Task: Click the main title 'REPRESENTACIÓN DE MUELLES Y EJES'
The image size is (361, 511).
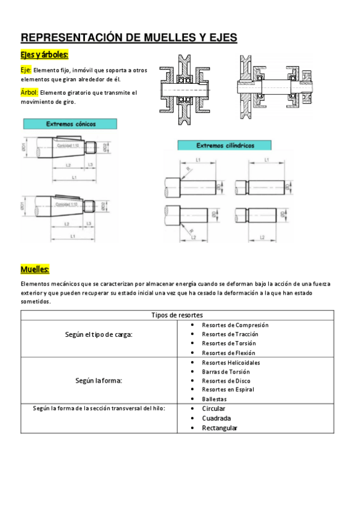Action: (x=128, y=38)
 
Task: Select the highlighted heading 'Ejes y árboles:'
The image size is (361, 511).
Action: (x=45, y=55)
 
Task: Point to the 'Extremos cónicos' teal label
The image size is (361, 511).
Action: (x=71, y=124)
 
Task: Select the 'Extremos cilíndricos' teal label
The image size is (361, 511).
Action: (x=225, y=145)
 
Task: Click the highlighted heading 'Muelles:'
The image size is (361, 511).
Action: (x=35, y=269)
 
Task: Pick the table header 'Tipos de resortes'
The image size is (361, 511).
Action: (x=177, y=315)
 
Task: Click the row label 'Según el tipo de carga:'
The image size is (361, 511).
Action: (x=99, y=334)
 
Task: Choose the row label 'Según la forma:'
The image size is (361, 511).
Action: (x=99, y=381)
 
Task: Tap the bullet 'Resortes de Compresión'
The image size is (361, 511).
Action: (x=235, y=325)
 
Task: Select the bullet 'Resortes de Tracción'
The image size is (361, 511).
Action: (x=231, y=334)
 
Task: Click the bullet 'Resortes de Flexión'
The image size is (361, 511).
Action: (x=228, y=353)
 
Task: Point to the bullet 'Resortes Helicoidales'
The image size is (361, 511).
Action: (x=231, y=363)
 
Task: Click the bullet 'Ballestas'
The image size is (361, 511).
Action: (x=215, y=399)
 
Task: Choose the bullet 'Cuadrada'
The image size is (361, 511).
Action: (x=216, y=418)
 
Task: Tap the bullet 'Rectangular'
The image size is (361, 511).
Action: (x=219, y=428)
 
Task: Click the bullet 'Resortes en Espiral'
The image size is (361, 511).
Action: (x=228, y=389)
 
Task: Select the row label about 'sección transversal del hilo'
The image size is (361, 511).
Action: (x=99, y=408)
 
